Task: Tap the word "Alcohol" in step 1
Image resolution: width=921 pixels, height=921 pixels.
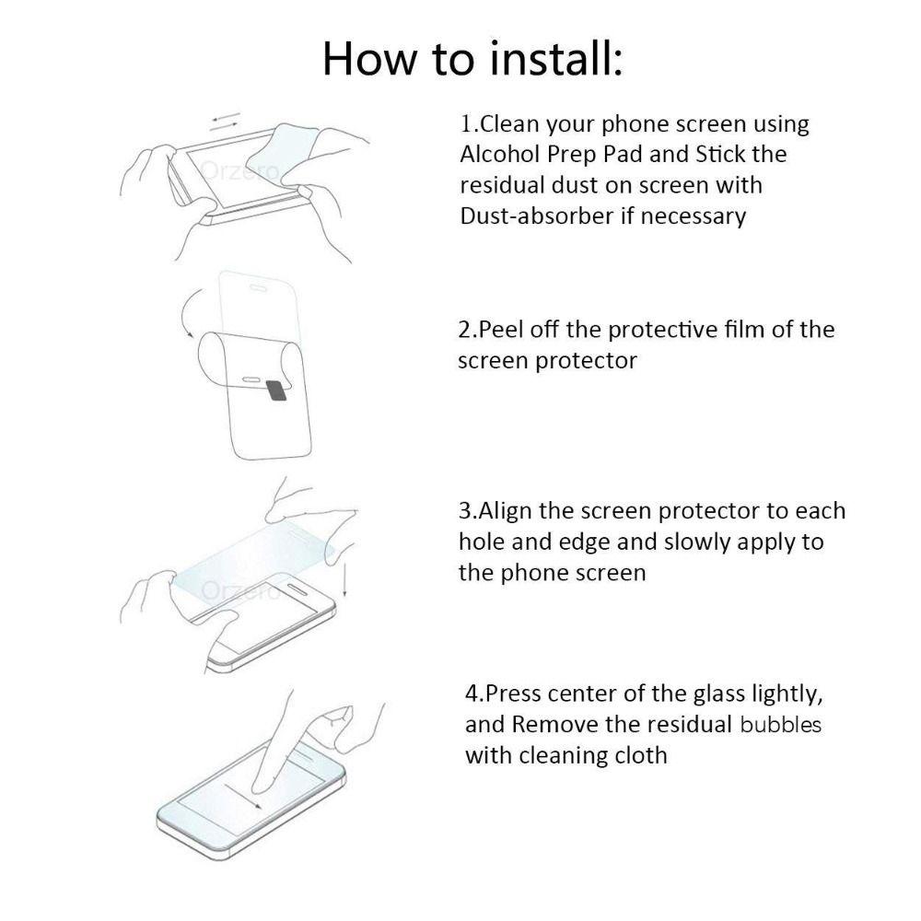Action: point(499,154)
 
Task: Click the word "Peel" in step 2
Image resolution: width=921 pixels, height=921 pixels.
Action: point(498,330)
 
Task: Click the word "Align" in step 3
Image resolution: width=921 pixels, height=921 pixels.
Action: point(503,510)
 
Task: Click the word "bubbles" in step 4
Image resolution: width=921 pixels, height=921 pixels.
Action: point(781,724)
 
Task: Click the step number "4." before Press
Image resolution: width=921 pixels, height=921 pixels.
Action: point(474,693)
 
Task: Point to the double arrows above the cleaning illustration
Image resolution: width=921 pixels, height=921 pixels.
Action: point(226,121)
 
